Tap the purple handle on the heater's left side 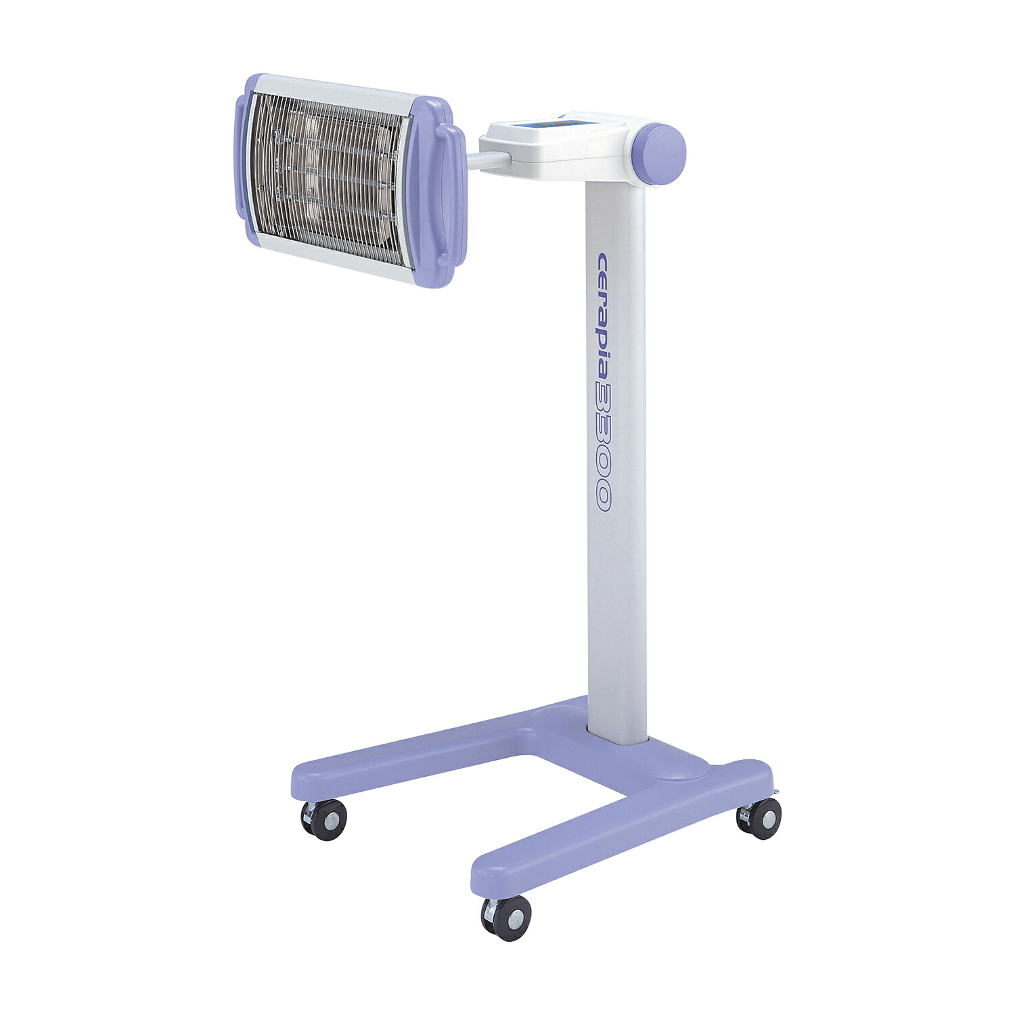tap(242, 156)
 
